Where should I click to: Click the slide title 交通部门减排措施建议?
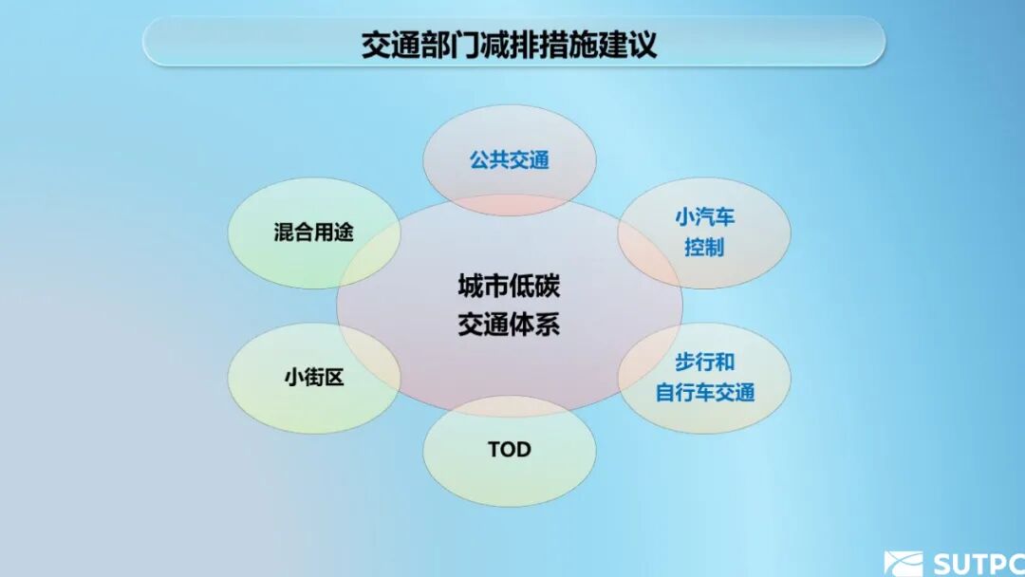509,45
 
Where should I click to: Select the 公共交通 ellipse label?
509,159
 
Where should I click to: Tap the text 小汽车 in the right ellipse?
704,217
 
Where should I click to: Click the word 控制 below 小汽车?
704,248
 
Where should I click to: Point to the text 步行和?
704,363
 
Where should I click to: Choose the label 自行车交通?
704,392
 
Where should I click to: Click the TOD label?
509,449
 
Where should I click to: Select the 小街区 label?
313,377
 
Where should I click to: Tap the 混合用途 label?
313,232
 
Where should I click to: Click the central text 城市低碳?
509,287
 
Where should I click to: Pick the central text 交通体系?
509,325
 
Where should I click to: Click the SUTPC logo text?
978,563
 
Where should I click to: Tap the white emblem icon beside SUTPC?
903,564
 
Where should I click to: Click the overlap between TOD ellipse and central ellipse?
509,406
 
